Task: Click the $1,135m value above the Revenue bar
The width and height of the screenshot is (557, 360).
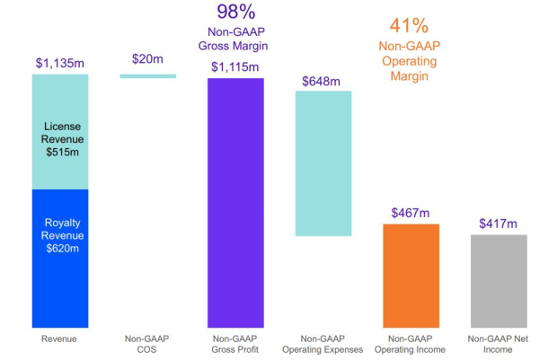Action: click(x=59, y=64)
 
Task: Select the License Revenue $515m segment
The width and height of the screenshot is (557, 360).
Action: click(x=59, y=132)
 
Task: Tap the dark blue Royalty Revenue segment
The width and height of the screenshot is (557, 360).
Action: click(x=59, y=258)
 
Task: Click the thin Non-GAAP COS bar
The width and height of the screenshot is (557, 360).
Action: click(x=147, y=76)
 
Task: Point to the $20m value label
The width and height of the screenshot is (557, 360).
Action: click(x=147, y=59)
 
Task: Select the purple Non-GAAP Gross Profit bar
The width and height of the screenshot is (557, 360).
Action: click(x=235, y=202)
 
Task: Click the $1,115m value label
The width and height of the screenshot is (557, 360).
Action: click(x=235, y=67)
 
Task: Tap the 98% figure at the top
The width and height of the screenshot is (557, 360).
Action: click(x=235, y=13)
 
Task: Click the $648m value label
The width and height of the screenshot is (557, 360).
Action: click(x=323, y=81)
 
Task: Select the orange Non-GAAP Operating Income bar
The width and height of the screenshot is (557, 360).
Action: click(x=411, y=275)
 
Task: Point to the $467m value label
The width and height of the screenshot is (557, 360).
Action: click(x=411, y=213)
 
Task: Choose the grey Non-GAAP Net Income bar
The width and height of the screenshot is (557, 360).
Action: click(x=499, y=281)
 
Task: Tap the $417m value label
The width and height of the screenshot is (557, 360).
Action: click(x=499, y=223)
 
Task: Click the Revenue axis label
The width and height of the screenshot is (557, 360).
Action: click(x=59, y=338)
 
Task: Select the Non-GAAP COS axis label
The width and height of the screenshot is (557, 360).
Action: click(x=147, y=344)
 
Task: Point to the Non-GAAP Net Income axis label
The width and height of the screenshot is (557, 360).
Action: click(x=499, y=344)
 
